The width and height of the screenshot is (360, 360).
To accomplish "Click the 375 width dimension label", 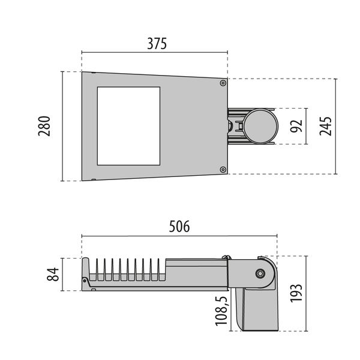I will (155, 44).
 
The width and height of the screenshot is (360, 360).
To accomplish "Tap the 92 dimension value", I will (295, 126).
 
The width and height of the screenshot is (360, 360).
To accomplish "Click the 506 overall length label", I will (179, 226).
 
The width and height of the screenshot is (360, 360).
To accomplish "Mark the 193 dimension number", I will (295, 293).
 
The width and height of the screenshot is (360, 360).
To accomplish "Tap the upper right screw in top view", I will (223, 83).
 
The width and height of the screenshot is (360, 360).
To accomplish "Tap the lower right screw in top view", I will (223, 170).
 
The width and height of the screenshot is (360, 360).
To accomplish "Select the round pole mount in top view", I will (260, 125).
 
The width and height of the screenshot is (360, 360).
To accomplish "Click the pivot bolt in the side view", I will (260, 274).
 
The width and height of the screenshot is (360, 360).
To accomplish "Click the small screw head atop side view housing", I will (226, 259).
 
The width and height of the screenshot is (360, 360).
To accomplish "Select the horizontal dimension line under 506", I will (179, 236).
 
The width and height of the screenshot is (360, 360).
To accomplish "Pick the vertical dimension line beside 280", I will (63, 126).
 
